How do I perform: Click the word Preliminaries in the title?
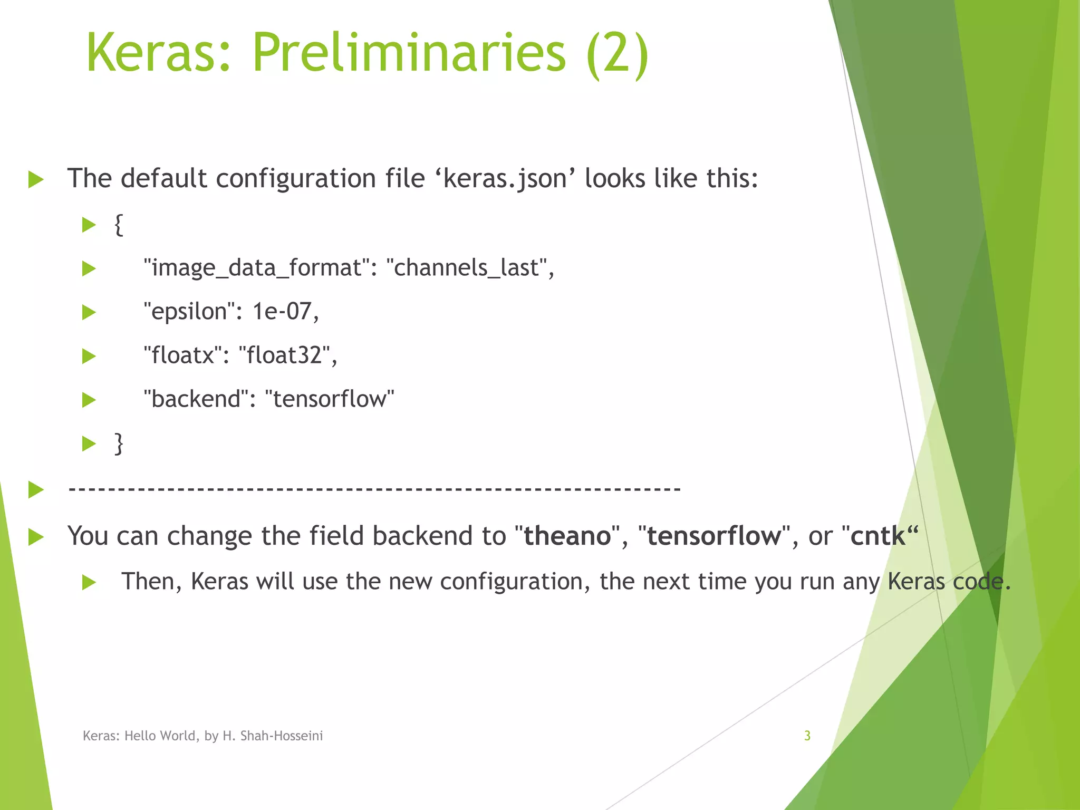tap(409, 53)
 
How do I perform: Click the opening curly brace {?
tap(119, 225)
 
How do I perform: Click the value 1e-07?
tap(283, 311)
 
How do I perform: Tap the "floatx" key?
tap(182, 355)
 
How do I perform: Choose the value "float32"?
tap(285, 355)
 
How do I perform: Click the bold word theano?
tap(567, 536)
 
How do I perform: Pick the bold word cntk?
tap(877, 536)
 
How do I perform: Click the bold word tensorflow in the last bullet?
tap(714, 536)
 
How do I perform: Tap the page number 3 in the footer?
tap(807, 736)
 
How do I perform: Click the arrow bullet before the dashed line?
tap(36, 489)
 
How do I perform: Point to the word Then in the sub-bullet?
tap(151, 582)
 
